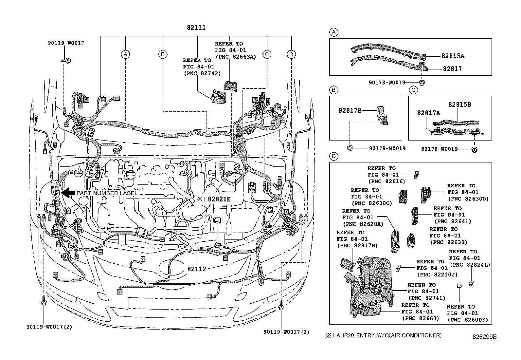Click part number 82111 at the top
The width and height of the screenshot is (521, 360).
point(196,28)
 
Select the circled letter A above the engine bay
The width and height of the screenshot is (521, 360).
point(125,54)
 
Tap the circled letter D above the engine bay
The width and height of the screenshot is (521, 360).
point(291,54)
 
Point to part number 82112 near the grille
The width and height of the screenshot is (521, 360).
point(197,269)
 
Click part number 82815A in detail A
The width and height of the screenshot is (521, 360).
point(453,56)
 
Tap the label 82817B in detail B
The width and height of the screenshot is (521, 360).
point(350,111)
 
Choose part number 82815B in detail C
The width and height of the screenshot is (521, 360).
point(459,104)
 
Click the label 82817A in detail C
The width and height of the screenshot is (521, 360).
point(428,113)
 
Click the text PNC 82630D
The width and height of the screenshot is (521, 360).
point(468,199)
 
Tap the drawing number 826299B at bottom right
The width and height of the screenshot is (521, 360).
point(484,336)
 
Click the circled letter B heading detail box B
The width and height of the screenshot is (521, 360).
point(333,90)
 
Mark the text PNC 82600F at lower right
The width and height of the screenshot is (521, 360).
point(469,320)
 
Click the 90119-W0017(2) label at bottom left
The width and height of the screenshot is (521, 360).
point(49,327)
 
